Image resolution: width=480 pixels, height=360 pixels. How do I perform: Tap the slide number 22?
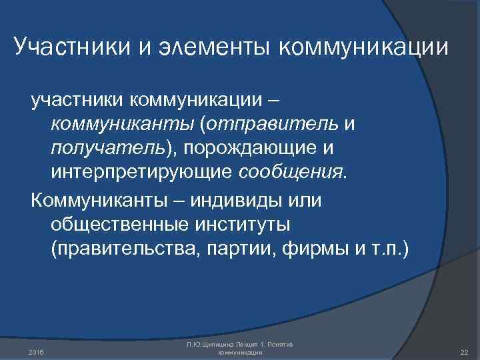[x=464, y=351]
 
